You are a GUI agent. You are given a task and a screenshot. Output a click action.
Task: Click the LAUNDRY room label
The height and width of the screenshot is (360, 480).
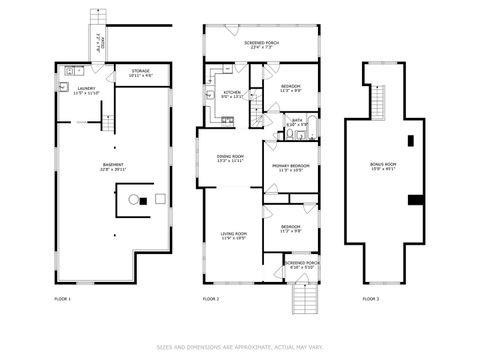tap(85, 89)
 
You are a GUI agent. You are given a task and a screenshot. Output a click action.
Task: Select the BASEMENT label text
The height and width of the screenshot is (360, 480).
tap(114, 165)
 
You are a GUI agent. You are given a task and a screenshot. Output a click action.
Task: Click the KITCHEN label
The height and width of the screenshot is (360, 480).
tap(231, 93)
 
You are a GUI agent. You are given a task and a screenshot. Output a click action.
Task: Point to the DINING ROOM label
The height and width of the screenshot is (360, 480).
tap(231, 157)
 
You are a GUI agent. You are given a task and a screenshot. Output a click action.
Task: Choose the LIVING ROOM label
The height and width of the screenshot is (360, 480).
tap(233, 235)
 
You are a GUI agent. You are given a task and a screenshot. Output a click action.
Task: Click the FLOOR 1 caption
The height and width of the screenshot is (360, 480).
tap(62, 299)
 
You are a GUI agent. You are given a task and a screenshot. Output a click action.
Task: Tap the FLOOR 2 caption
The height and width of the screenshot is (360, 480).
tap(211, 299)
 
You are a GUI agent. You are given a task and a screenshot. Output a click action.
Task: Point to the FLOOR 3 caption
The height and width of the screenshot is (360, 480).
tap(371, 299)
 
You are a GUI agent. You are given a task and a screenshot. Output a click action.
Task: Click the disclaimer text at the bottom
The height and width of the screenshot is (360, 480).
tap(240, 347)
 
